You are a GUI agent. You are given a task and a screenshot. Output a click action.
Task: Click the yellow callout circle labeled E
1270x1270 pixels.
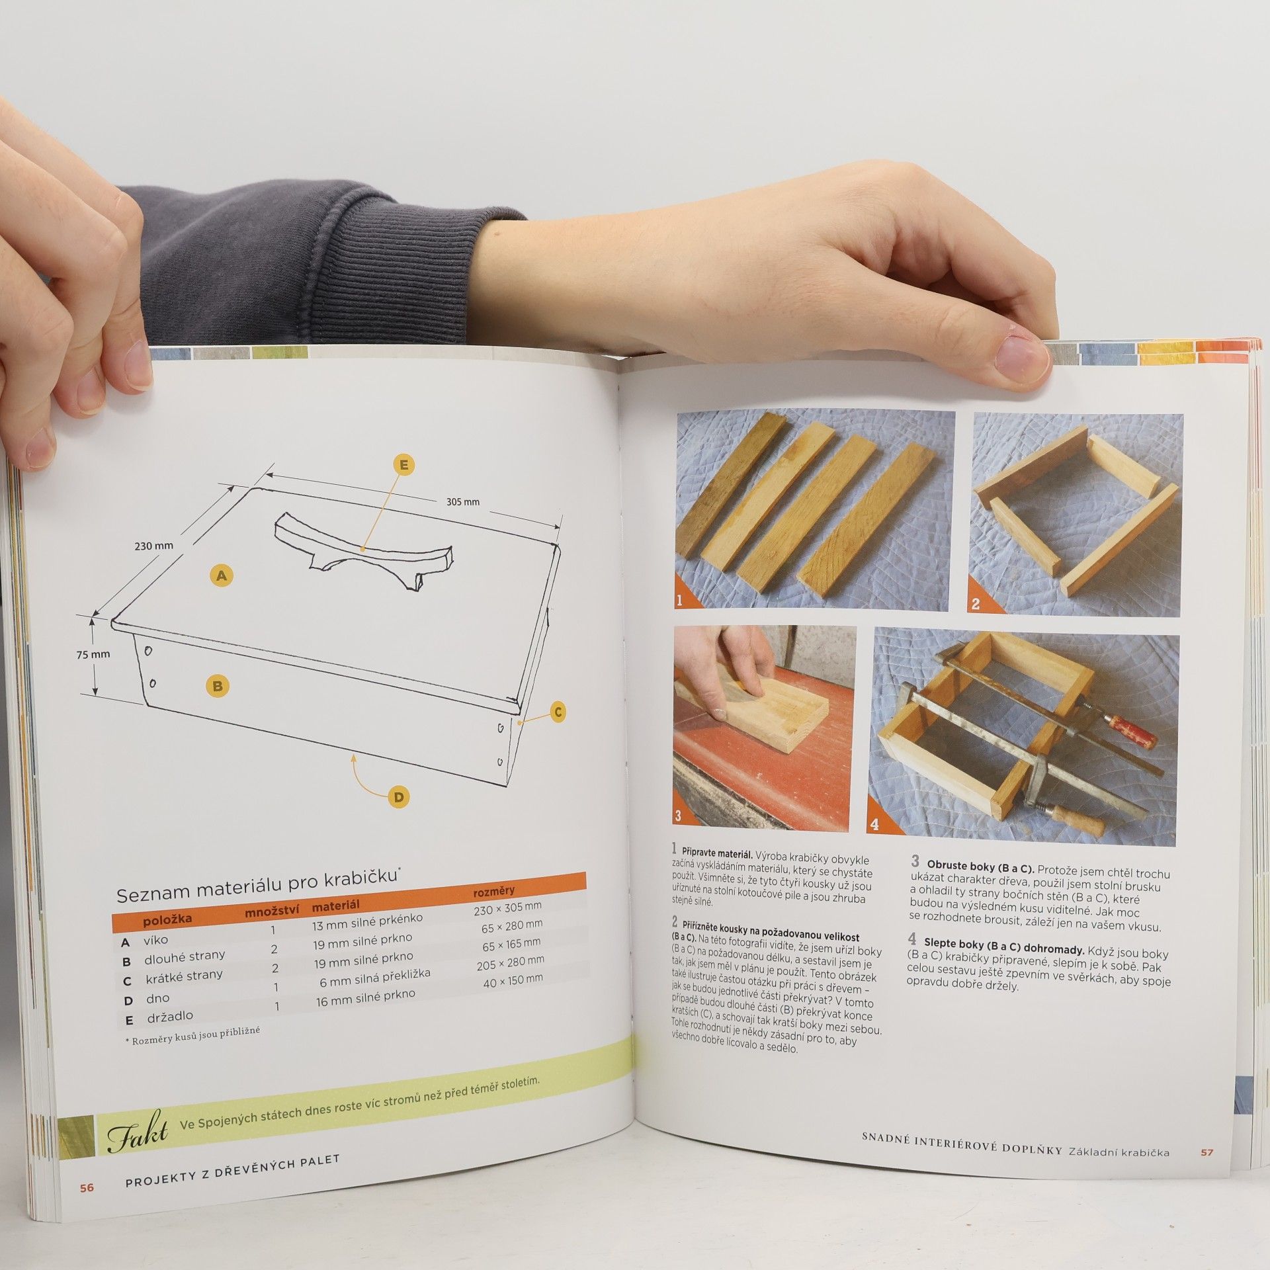point(403,466)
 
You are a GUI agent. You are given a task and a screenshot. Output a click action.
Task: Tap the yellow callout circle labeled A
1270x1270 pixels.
point(222,575)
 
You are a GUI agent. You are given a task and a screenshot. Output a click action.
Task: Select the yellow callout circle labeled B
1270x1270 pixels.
point(218,686)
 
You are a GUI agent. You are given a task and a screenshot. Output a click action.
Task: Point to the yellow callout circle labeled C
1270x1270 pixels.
point(558,712)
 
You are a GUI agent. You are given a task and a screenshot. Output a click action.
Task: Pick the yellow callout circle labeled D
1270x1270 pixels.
point(399,797)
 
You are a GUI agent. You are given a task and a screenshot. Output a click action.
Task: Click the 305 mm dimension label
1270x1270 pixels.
point(463,501)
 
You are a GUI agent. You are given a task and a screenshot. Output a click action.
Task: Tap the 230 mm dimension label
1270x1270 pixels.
point(154,546)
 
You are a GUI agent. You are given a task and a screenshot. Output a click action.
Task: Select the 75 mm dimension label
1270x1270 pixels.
point(93,655)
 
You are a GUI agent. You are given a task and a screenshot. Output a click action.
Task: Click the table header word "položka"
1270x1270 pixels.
point(167,919)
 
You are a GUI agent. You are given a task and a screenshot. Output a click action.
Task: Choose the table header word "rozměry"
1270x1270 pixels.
point(494,891)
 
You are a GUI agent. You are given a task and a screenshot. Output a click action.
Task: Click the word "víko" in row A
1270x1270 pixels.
point(155,940)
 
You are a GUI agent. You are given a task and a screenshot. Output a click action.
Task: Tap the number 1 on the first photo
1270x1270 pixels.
point(679,600)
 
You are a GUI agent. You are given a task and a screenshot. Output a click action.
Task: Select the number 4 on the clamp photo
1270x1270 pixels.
point(874,824)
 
